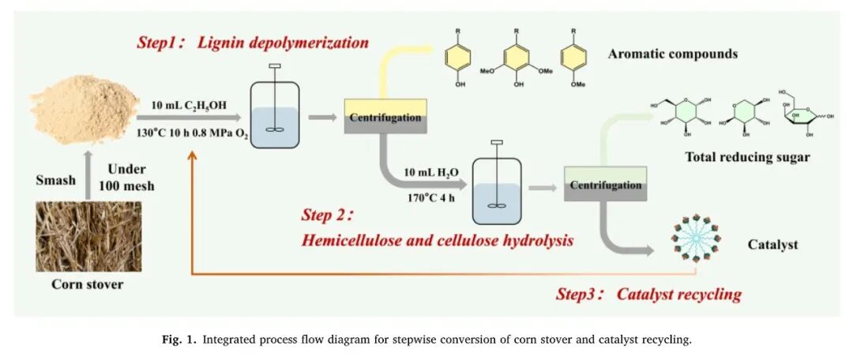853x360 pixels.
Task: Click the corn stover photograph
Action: (x=88, y=236)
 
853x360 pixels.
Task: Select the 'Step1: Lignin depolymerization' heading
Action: (x=253, y=43)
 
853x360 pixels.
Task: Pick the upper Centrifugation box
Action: (x=385, y=116)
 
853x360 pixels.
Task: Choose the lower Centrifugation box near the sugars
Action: (x=605, y=184)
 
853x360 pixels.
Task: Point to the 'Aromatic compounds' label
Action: (x=672, y=54)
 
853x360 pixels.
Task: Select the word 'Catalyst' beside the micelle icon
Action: (x=772, y=245)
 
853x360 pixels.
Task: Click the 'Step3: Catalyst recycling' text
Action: (x=648, y=294)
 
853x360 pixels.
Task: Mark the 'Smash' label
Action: (x=55, y=180)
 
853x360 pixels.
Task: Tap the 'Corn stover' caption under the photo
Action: (x=88, y=284)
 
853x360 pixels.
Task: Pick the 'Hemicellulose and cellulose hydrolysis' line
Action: (x=437, y=240)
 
